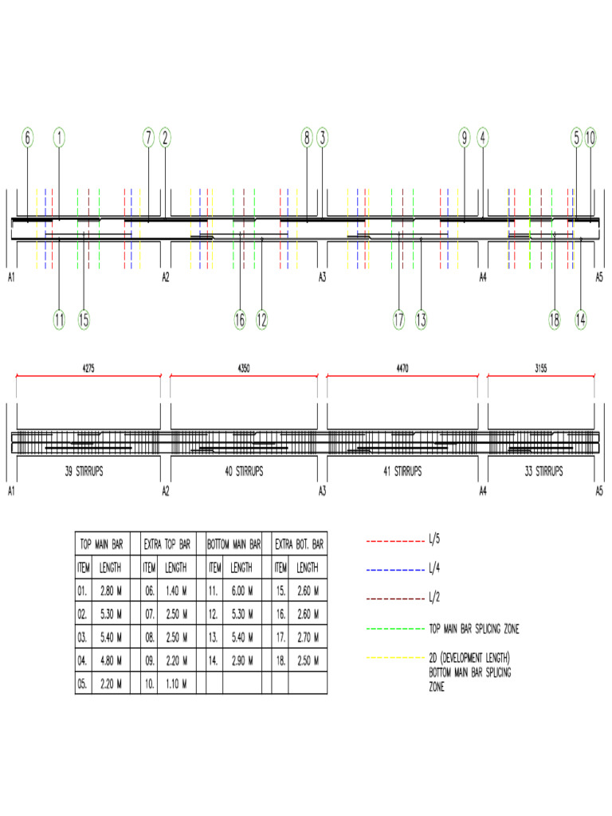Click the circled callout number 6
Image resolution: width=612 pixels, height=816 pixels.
28,138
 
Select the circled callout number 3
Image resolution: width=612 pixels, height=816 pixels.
322,138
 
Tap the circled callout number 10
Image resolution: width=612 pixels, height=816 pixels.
590,138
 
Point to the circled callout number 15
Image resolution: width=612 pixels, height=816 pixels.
84,320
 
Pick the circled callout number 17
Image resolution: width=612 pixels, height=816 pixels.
398,320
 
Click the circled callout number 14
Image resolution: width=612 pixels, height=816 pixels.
581,320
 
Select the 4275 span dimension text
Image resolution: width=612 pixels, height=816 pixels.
88,369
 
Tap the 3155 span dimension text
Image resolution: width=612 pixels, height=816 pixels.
541,369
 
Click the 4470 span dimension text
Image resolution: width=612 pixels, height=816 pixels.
402,369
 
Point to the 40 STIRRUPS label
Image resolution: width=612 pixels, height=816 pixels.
245,471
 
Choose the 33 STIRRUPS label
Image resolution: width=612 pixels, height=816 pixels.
541,471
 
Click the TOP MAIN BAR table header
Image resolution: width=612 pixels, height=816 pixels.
101,545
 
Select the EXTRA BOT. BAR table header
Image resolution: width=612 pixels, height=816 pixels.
300,545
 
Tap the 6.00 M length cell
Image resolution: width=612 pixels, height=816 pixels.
241,591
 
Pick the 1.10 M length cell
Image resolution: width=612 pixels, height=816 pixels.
176,684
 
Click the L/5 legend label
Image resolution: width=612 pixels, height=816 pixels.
434,541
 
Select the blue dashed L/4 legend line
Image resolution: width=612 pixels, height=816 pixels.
394,570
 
